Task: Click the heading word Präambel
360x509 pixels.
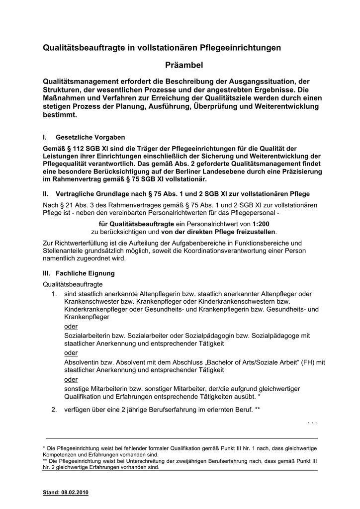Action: (x=184, y=65)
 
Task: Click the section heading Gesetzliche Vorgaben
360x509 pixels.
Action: (x=90, y=137)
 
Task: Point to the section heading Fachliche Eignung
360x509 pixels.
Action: (x=85, y=273)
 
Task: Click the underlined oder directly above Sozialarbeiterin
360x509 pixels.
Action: (x=71, y=326)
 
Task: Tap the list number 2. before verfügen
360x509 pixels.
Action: (x=54, y=410)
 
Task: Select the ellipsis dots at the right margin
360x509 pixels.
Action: (x=312, y=422)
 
